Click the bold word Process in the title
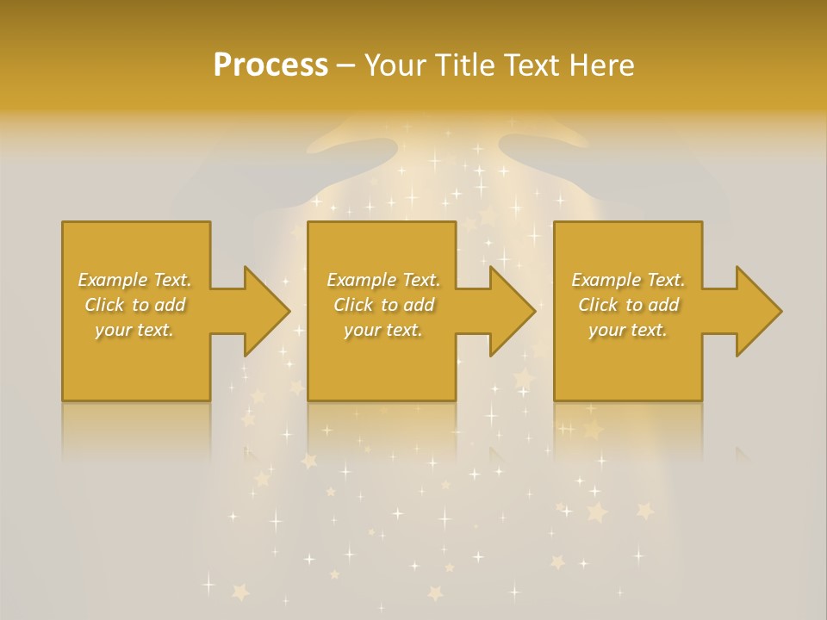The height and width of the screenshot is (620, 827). click(x=270, y=65)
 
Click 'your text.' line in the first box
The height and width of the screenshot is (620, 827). click(x=134, y=330)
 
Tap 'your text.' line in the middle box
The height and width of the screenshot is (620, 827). click(x=382, y=330)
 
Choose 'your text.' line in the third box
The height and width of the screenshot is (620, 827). click(x=627, y=330)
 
